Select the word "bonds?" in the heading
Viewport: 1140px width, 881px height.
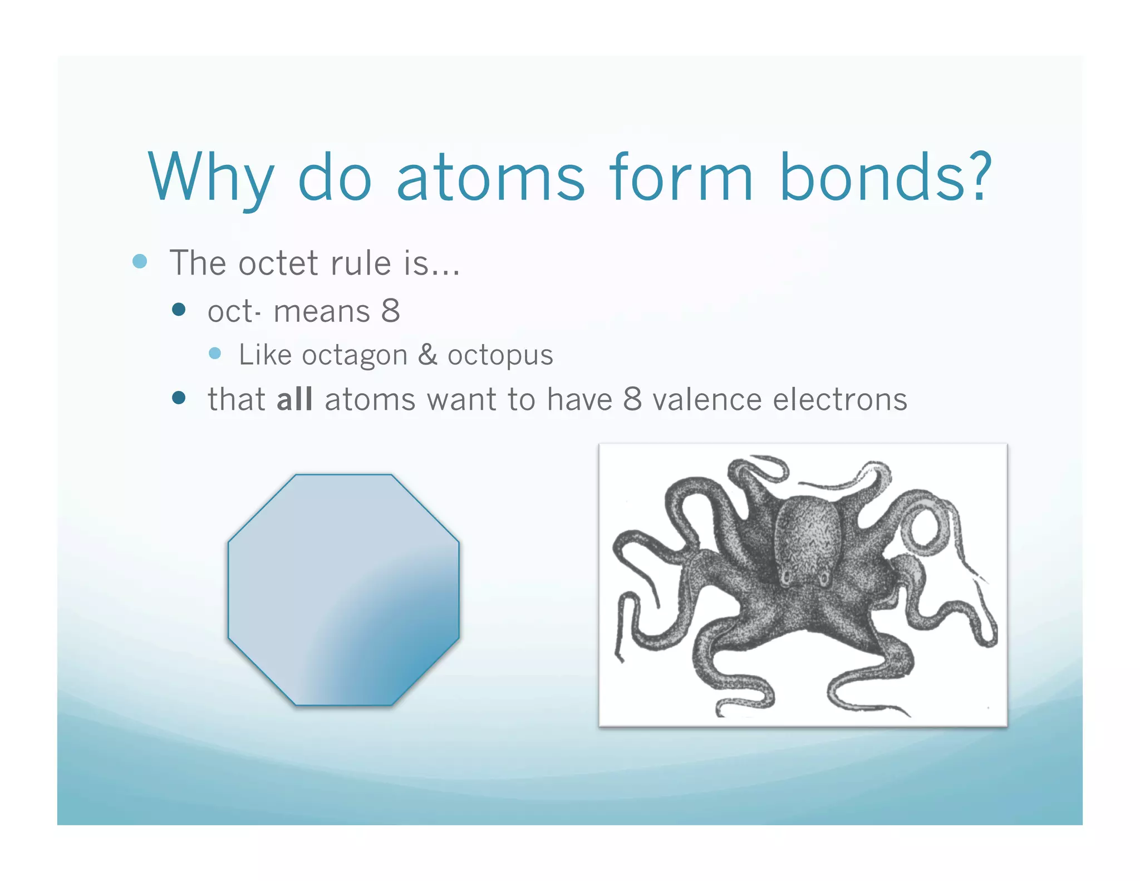[x=885, y=177]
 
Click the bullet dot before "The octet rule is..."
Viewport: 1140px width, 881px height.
[x=140, y=261]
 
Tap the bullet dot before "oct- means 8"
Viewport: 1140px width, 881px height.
[x=179, y=310]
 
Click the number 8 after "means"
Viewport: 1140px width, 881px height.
[x=391, y=311]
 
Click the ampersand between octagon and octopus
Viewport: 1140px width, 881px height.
[x=427, y=355]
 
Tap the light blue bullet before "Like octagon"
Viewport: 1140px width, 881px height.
[x=215, y=353]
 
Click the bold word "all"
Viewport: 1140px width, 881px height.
[x=294, y=399]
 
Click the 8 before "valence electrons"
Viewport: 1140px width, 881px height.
[x=632, y=399]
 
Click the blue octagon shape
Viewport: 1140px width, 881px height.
[x=343, y=590]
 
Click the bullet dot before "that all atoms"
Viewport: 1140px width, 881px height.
[x=179, y=397]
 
